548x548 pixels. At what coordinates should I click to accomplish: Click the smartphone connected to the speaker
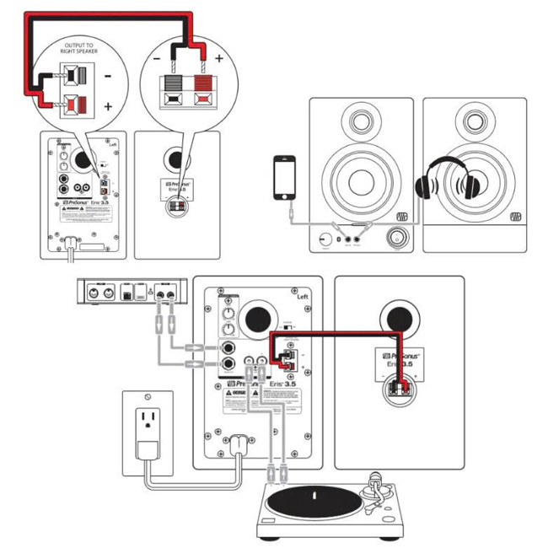point(282,179)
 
